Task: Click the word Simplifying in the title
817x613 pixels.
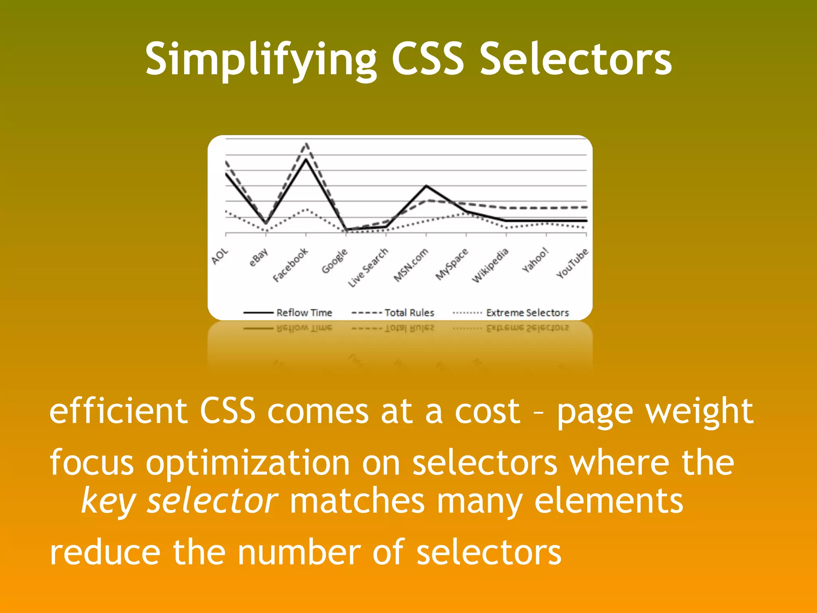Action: pyautogui.click(x=261, y=60)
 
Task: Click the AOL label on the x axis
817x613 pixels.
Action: pyautogui.click(x=220, y=256)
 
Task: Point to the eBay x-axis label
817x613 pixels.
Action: pyautogui.click(x=259, y=257)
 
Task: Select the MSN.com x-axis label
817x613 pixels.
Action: pyautogui.click(x=411, y=265)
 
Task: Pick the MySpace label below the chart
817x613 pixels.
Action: pyautogui.click(x=452, y=264)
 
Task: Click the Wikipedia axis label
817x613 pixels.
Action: pyautogui.click(x=490, y=265)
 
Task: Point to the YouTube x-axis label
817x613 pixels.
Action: pyautogui.click(x=572, y=263)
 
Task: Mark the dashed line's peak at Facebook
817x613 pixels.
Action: pyautogui.click(x=306, y=143)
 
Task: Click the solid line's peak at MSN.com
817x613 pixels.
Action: pyautogui.click(x=426, y=186)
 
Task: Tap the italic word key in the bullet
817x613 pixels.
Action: pyautogui.click(x=109, y=502)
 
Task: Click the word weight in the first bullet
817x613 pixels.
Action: pyautogui.click(x=700, y=411)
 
